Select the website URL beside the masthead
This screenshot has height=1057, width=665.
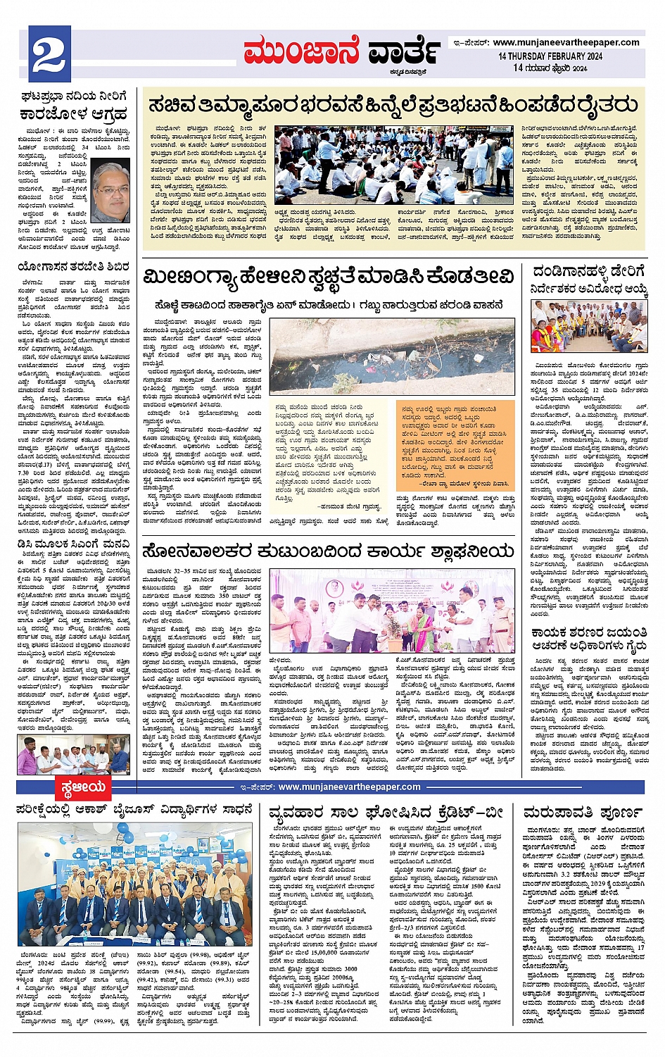566,42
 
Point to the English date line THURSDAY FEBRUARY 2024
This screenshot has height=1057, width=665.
550,56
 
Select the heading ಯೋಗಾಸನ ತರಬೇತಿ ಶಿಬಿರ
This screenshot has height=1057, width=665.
73,268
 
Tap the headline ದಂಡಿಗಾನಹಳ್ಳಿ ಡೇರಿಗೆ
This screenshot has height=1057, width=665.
588,272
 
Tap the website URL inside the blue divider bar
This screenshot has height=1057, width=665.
349,787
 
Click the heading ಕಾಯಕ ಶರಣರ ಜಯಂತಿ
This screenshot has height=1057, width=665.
588,633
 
